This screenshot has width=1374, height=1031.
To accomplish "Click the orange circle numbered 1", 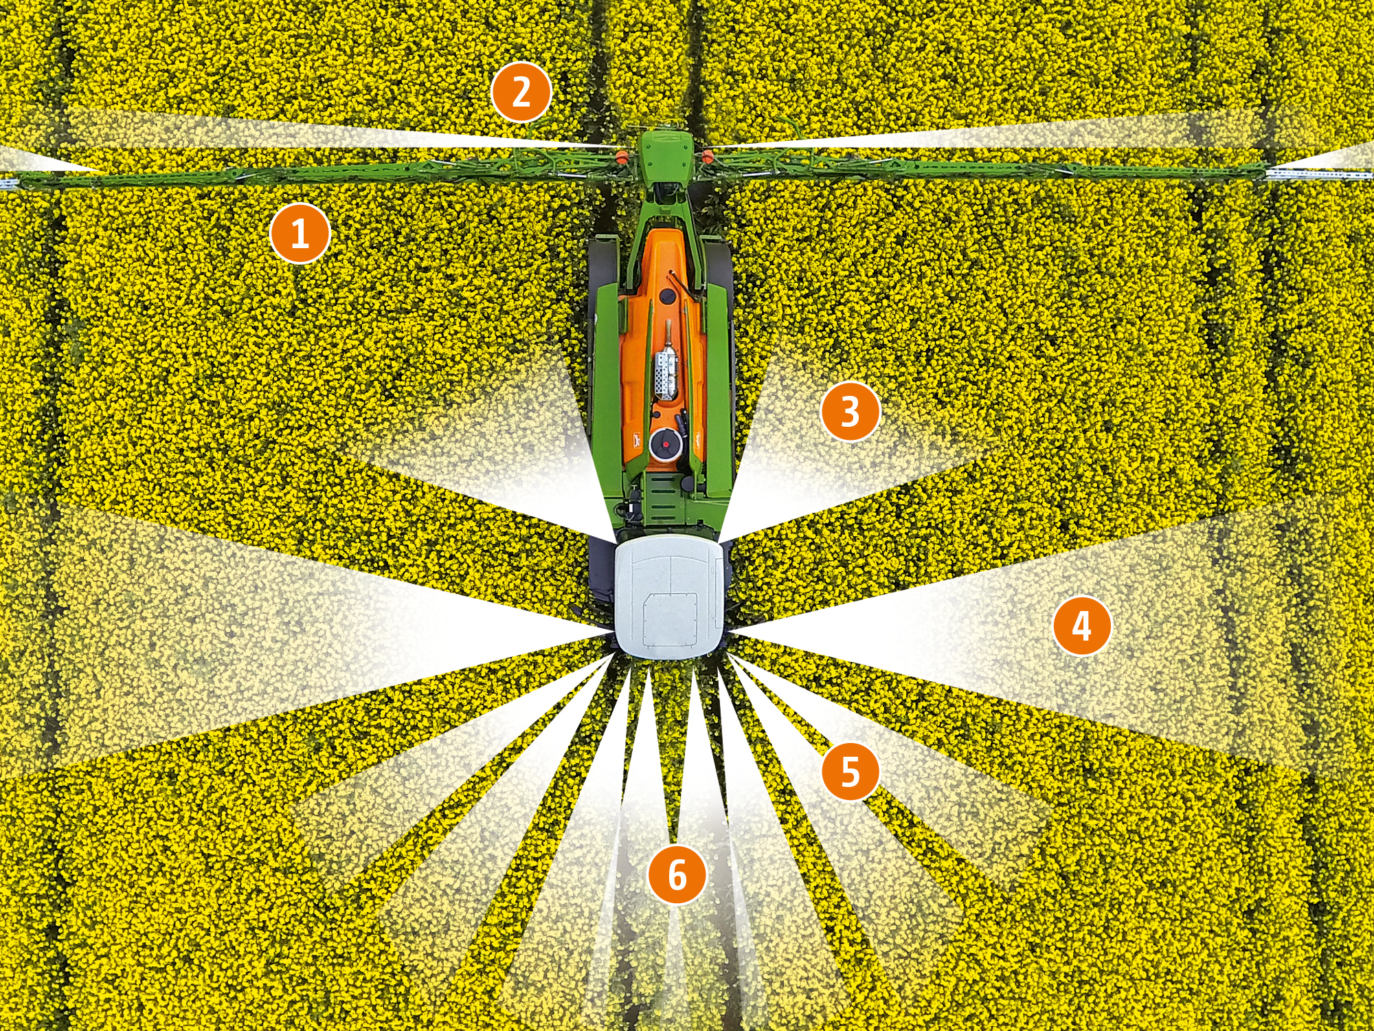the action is point(300,233).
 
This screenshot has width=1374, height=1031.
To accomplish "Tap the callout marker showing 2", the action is point(521,92).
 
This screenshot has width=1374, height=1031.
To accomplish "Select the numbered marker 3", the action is point(851,411).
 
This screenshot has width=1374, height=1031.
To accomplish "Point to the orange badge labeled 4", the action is point(1082,625).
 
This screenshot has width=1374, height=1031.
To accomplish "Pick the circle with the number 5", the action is point(851,771).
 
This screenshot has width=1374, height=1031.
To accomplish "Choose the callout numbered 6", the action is point(677,874).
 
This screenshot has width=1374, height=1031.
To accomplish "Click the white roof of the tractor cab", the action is point(670,595).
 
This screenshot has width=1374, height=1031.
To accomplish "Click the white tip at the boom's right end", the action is point(1319,175).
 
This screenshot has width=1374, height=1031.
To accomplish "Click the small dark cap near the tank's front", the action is point(665,297).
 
